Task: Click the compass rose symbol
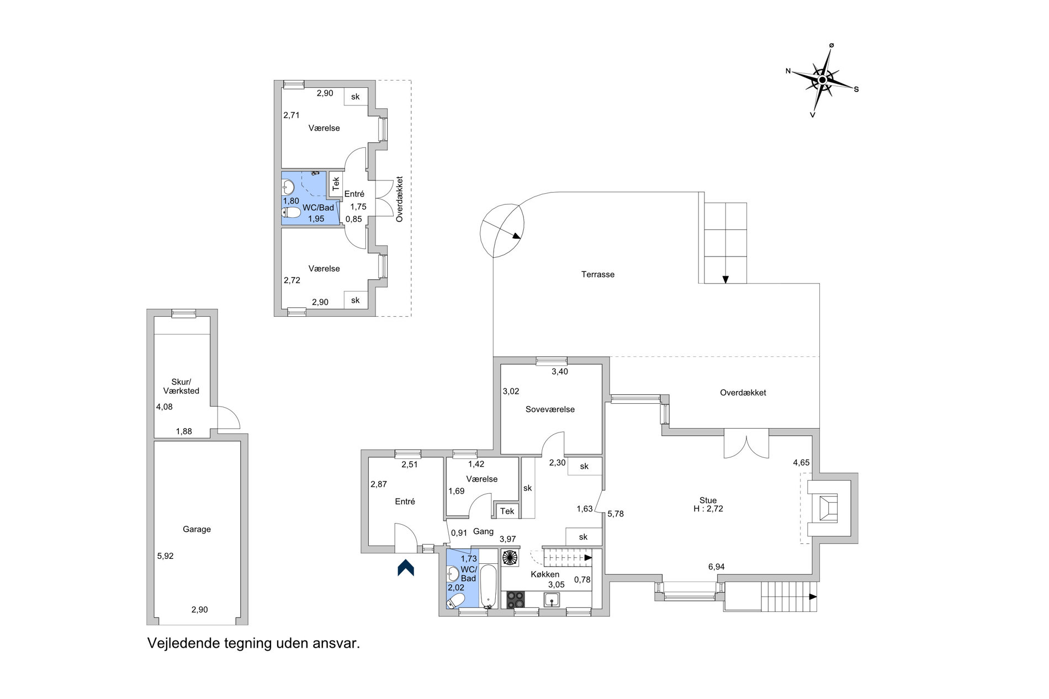tap(822, 81)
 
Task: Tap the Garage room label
tap(197, 529)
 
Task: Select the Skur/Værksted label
tap(181, 386)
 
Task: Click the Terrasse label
tap(597, 274)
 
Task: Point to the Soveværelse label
tap(550, 409)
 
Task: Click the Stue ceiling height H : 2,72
tap(708, 509)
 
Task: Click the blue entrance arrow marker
tap(406, 568)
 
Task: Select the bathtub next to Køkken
tap(488, 586)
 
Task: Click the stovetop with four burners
tap(516, 600)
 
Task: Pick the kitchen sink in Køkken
tap(552, 600)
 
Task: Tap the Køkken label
tap(545, 574)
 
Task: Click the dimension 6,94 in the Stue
tap(716, 567)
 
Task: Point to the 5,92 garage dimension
tap(165, 556)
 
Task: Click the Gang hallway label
tap(483, 532)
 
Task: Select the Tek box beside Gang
tap(507, 511)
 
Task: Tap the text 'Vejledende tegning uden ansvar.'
tap(253, 643)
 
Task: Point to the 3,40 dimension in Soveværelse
tap(560, 371)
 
